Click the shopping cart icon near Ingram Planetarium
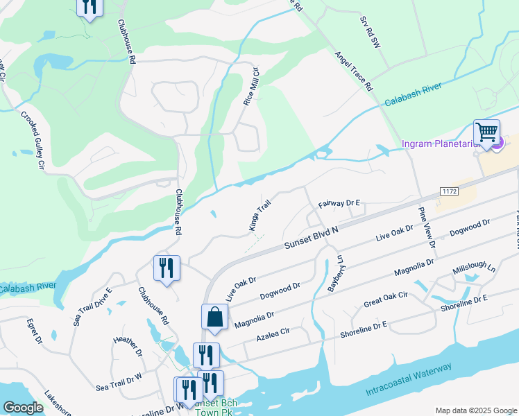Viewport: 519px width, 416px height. click(487, 131)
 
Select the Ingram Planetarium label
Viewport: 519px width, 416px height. click(444, 144)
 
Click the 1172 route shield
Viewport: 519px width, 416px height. click(449, 190)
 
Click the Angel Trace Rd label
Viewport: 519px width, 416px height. click(354, 71)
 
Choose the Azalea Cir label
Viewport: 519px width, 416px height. click(273, 336)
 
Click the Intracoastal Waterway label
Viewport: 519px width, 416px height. click(409, 380)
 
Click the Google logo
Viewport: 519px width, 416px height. click(24, 408)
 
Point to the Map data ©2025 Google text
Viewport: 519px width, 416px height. click(475, 410)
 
